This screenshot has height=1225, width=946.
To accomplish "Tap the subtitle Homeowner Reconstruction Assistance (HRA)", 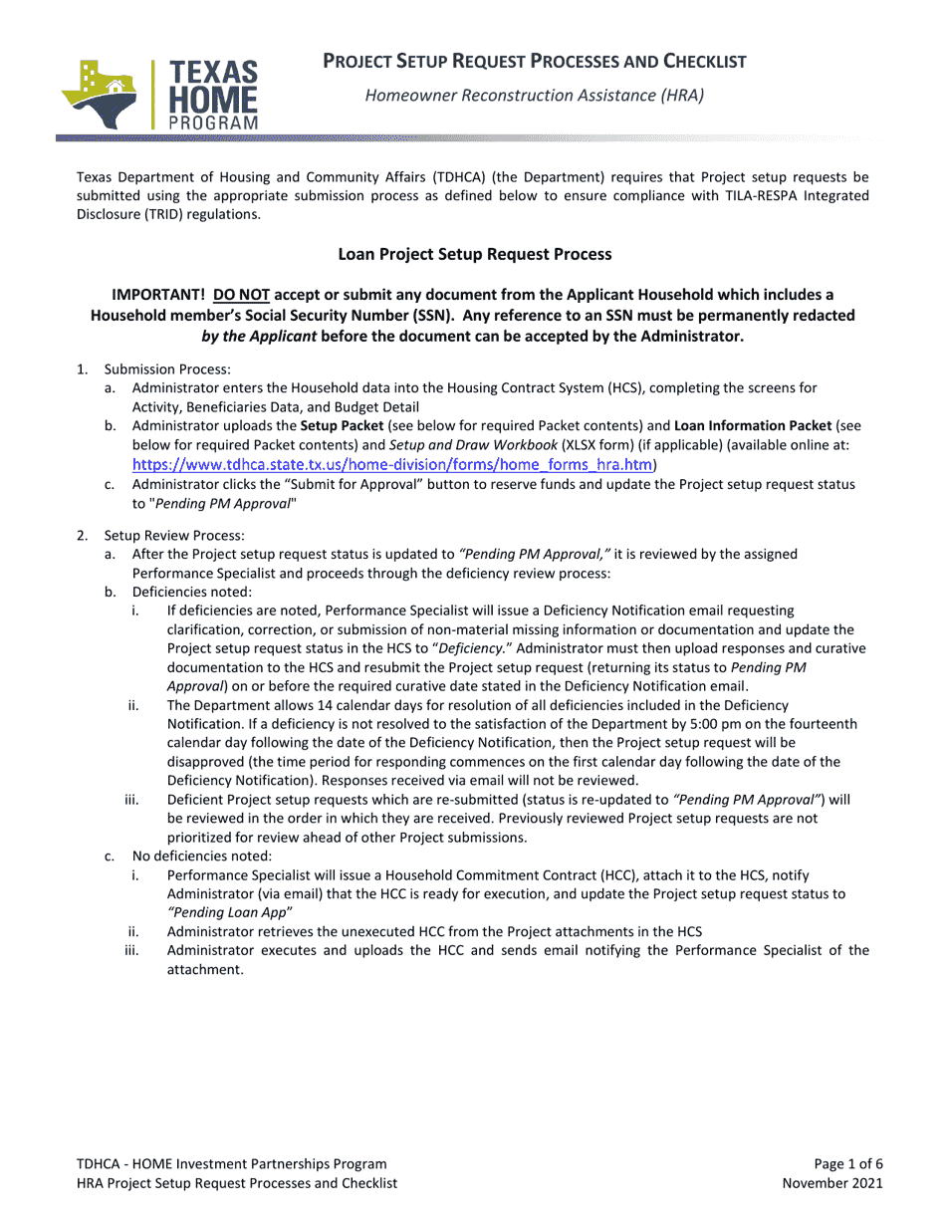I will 534,96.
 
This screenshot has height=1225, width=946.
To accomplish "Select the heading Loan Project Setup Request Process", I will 474,254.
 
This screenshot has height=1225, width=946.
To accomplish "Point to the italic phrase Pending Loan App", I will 229,912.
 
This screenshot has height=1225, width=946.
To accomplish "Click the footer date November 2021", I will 832,1183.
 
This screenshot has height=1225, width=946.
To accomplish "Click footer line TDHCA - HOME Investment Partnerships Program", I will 231,1163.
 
